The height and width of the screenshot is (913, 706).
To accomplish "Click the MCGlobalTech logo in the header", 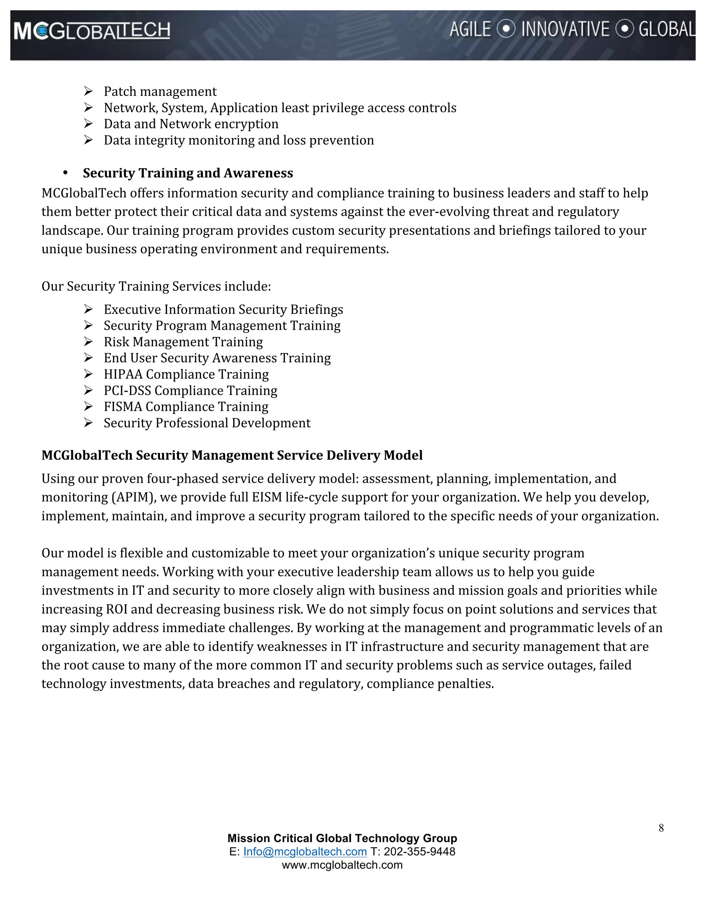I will [x=92, y=31].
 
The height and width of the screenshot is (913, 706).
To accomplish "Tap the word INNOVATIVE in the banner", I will [x=565, y=29].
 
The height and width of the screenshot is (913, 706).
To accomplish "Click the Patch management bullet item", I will [x=160, y=92].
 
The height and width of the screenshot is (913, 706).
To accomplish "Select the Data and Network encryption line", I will [x=191, y=124].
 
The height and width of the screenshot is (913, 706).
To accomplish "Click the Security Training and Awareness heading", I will [x=188, y=173].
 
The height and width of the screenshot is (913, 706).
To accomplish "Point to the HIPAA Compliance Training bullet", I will [x=186, y=374].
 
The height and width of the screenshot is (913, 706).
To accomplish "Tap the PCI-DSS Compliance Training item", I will [x=190, y=390].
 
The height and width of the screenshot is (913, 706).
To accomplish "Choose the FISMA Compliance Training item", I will [x=186, y=407].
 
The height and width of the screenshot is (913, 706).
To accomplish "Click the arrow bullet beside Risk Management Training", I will [x=88, y=341].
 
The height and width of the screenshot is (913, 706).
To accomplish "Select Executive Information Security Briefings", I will [x=223, y=309].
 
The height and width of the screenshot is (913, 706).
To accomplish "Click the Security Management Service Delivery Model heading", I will [x=232, y=455].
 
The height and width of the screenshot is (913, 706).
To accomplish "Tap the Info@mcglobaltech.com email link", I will [x=305, y=852].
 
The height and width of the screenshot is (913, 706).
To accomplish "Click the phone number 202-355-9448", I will [x=420, y=852].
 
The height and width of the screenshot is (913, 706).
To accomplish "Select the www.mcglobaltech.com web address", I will [x=342, y=865].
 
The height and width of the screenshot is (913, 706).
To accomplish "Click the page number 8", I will [x=661, y=828].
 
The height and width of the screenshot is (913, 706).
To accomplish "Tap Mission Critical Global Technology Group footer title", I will [x=342, y=838].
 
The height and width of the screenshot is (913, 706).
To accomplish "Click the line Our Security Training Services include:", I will [x=156, y=286].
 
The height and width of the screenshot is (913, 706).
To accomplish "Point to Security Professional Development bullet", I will [x=207, y=423].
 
